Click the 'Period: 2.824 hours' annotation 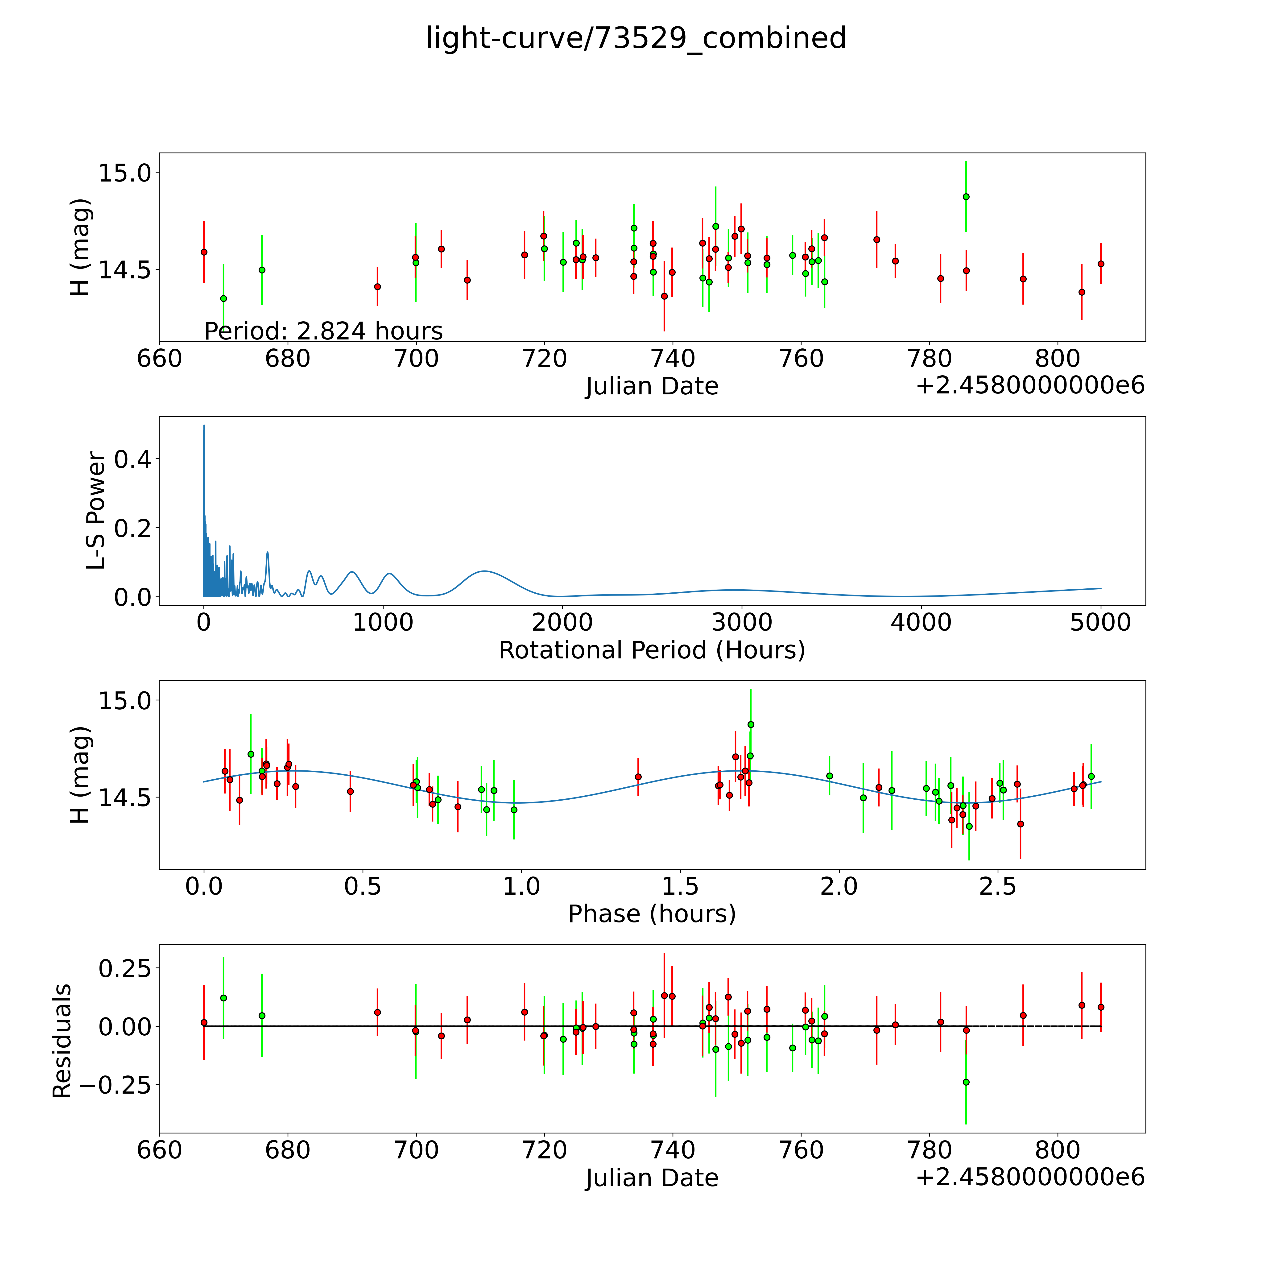click(x=323, y=331)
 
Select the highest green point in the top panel click(x=966, y=196)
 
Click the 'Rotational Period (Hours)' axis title click(x=652, y=650)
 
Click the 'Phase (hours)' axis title click(x=652, y=914)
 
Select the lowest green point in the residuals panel click(x=966, y=1082)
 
